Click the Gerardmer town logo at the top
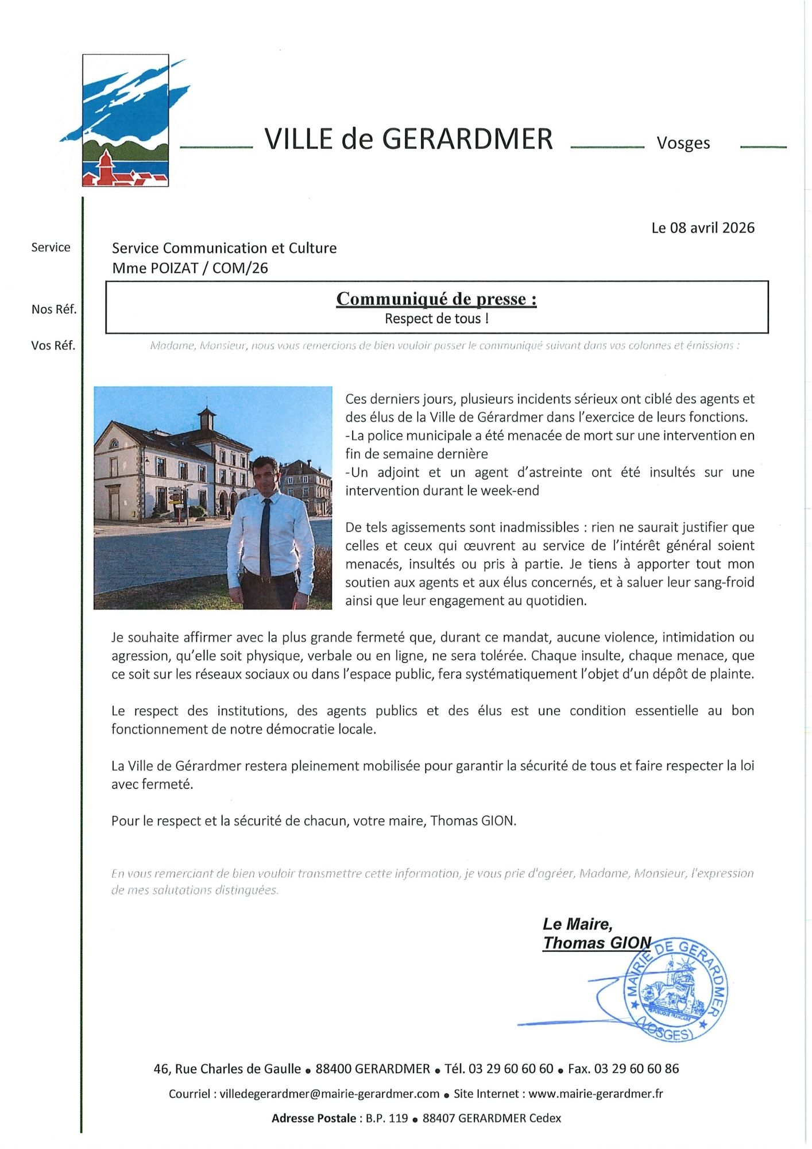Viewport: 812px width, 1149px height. [x=125, y=121]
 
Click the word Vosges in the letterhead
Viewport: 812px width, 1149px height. [x=683, y=143]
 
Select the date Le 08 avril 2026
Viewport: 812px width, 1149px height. [x=702, y=228]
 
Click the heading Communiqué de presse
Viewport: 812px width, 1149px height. [x=436, y=299]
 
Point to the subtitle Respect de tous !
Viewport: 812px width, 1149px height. [x=436, y=318]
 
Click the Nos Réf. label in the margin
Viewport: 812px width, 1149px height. [x=54, y=310]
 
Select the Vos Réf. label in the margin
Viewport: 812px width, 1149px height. [x=53, y=346]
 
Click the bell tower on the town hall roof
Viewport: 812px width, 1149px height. [x=206, y=418]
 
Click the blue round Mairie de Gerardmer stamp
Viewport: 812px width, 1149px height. [x=675, y=990]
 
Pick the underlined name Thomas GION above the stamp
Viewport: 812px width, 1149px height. [x=597, y=943]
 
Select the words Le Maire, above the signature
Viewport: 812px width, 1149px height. [x=577, y=924]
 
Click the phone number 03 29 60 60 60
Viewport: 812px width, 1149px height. [x=511, y=1069]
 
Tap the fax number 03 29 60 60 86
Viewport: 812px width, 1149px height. [x=636, y=1069]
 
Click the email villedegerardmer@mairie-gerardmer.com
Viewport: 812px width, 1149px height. [x=330, y=1094]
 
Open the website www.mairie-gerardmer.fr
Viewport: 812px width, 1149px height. [x=596, y=1094]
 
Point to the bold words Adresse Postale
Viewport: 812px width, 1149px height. [x=314, y=1119]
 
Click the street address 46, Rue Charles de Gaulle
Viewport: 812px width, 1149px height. [x=227, y=1069]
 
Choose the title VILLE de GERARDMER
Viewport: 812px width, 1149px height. [x=408, y=139]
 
